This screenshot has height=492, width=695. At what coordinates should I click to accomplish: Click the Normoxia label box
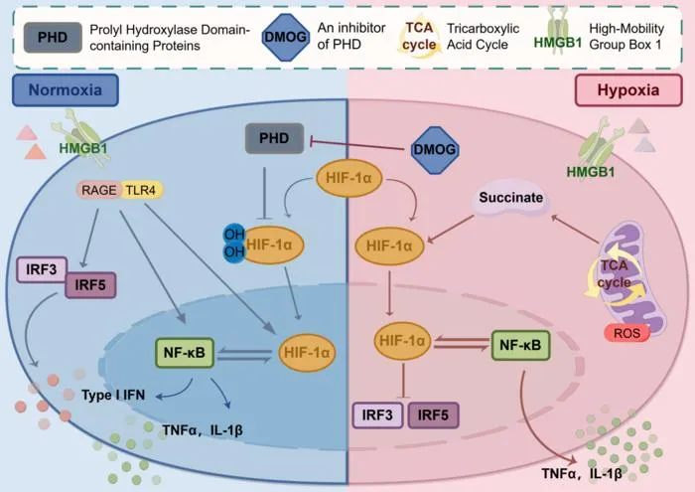click(66, 90)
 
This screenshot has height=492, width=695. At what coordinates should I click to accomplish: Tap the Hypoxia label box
click(628, 90)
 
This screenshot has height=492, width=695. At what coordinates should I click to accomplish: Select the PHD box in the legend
click(53, 37)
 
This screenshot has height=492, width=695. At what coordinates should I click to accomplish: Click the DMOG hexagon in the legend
click(286, 37)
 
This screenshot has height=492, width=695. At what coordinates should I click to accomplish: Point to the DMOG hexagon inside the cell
click(435, 149)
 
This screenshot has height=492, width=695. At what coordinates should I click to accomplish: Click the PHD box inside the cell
click(274, 138)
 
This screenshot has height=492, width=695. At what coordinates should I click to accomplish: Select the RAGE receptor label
click(98, 190)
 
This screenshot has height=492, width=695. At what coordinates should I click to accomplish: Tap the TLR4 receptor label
click(141, 190)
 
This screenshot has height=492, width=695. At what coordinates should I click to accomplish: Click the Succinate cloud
click(510, 198)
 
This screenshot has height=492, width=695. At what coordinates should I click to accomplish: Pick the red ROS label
click(626, 333)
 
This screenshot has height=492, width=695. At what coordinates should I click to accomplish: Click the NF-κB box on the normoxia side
click(185, 353)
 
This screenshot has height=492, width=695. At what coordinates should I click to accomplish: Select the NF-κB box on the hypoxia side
click(521, 345)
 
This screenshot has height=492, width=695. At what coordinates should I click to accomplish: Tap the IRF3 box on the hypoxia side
click(377, 415)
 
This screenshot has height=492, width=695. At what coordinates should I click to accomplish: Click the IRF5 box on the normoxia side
click(90, 285)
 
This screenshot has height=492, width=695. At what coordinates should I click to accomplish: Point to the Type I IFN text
click(113, 395)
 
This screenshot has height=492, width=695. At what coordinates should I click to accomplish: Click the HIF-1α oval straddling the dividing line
click(348, 178)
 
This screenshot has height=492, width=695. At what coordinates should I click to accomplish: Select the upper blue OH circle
click(233, 235)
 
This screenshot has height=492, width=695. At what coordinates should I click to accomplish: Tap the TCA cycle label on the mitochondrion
click(614, 274)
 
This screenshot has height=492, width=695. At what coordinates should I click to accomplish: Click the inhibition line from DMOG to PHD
click(358, 145)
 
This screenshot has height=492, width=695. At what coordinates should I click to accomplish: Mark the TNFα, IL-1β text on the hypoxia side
click(582, 474)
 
